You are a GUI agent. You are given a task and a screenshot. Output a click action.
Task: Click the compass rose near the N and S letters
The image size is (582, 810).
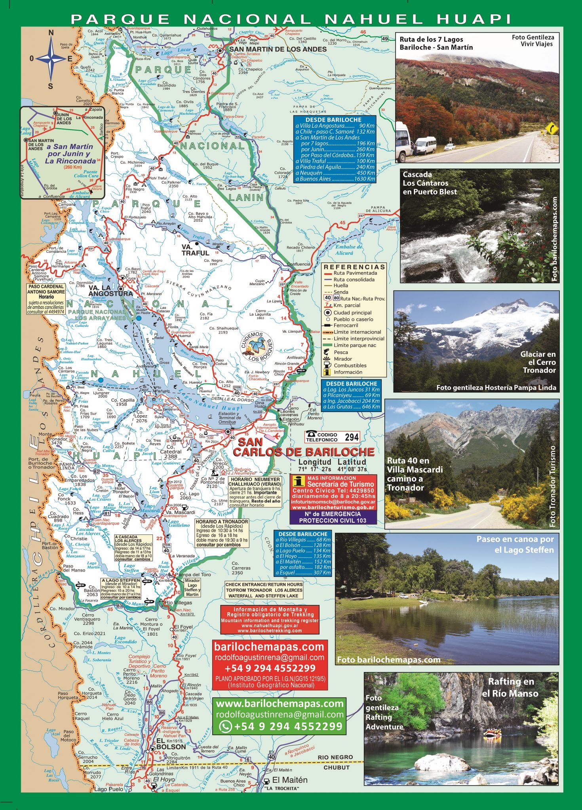point(51,59)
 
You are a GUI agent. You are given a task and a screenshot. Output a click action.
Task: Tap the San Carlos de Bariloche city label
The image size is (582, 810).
point(303,447)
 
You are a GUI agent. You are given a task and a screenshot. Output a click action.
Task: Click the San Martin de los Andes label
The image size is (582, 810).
point(278,49)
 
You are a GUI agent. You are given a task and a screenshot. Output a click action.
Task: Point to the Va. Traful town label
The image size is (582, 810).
point(195,250)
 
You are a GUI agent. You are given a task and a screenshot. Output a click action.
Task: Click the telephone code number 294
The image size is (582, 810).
point(352,437)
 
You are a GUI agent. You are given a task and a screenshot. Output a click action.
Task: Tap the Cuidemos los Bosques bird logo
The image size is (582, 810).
point(258,346)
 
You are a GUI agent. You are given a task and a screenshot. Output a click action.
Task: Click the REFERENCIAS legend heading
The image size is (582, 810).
point(354,267)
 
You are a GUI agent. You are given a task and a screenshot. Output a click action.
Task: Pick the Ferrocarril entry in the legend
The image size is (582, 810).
point(345,326)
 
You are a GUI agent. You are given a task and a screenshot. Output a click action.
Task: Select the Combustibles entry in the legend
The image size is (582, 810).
point(350,365)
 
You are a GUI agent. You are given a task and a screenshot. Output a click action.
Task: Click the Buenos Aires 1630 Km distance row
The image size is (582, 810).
point(335,179)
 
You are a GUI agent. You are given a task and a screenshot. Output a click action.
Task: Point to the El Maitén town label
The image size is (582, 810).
point(289,780)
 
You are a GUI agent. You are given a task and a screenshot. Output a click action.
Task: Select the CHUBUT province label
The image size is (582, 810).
point(337,767)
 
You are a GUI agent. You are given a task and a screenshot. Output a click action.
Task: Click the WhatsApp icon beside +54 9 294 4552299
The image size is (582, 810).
point(226,726)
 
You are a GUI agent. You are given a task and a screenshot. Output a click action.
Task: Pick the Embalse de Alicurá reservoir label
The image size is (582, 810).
point(348,250)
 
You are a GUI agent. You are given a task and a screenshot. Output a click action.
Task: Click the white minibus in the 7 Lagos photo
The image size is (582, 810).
point(425,146)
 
